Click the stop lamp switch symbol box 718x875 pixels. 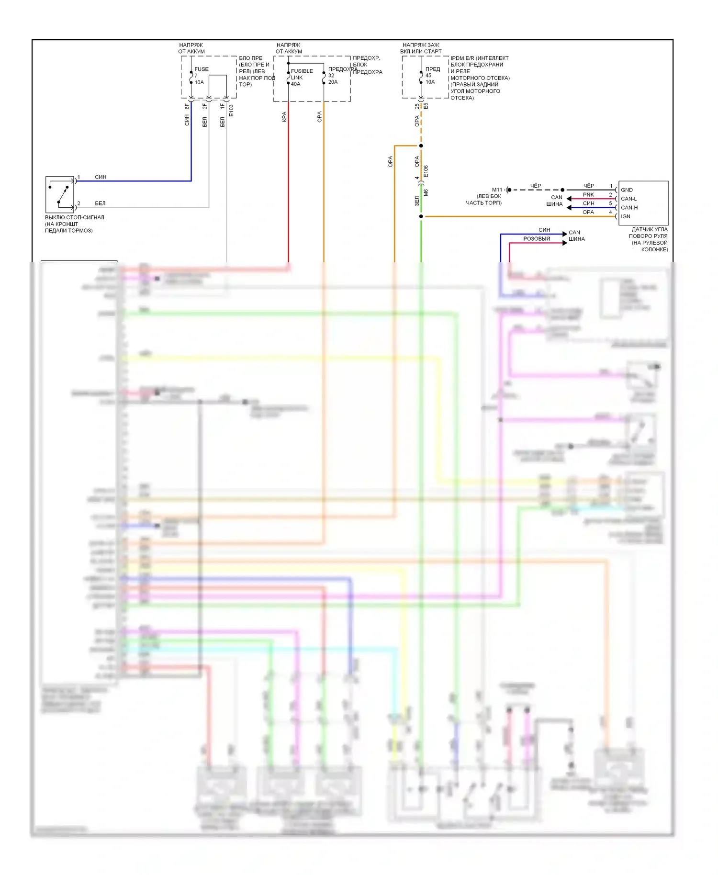(x=60, y=194)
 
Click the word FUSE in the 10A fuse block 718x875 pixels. (x=202, y=69)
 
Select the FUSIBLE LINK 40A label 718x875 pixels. (x=302, y=77)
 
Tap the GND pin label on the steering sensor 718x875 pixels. (x=627, y=190)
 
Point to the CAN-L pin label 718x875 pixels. (x=628, y=199)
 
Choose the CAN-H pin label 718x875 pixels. (x=629, y=208)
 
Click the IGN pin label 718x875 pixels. (x=626, y=216)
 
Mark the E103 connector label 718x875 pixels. (x=231, y=111)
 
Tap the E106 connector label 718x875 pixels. (x=426, y=171)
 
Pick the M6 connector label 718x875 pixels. (x=426, y=192)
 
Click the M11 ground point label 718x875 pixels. (x=497, y=190)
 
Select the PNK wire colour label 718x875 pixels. (x=588, y=195)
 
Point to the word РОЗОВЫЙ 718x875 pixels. (x=537, y=239)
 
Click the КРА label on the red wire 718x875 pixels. (x=284, y=117)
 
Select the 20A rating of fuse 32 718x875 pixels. (x=333, y=82)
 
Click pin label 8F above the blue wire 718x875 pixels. (x=187, y=106)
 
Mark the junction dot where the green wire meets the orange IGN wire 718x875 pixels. (x=421, y=216)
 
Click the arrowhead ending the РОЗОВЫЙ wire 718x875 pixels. (x=565, y=243)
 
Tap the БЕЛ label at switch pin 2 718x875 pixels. (x=100, y=203)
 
